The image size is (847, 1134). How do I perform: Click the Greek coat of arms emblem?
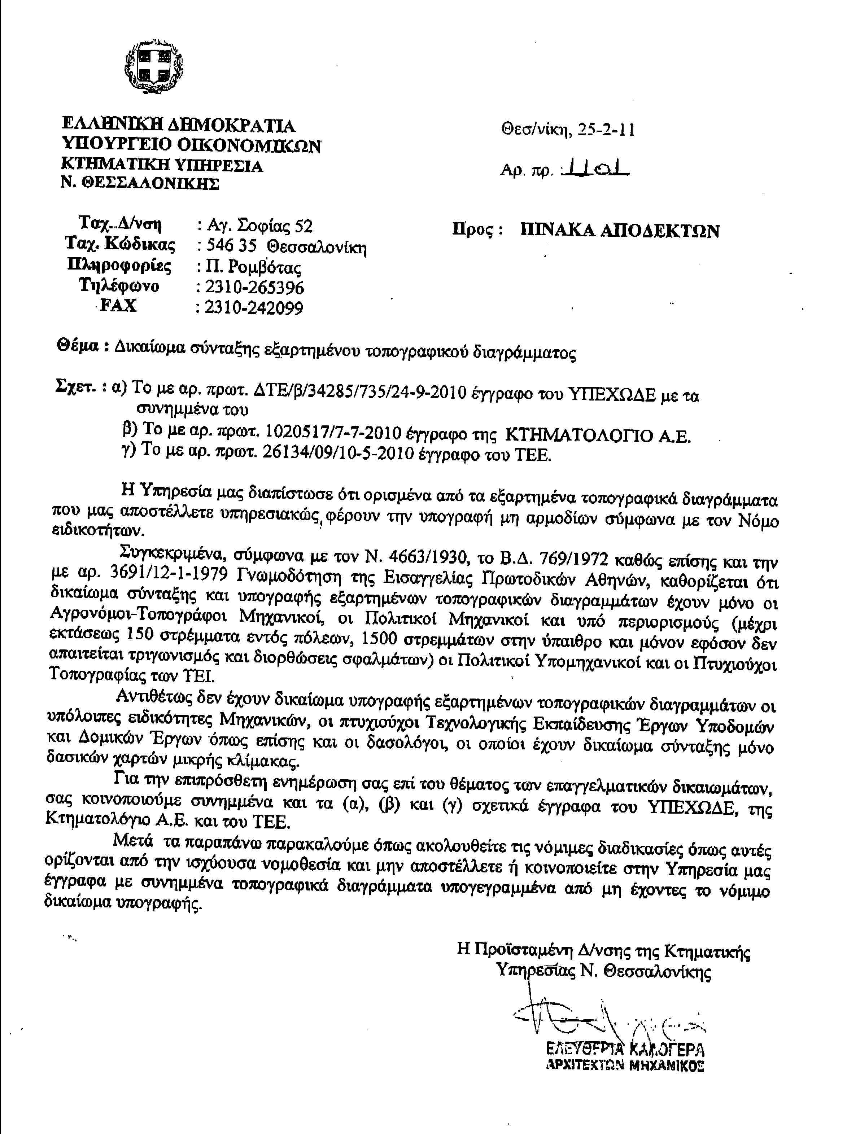point(153,66)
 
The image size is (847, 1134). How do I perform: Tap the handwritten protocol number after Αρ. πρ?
point(595,168)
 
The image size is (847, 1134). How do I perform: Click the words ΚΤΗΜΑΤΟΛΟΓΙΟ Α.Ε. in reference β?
point(598,435)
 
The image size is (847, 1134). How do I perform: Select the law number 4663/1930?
point(418,557)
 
